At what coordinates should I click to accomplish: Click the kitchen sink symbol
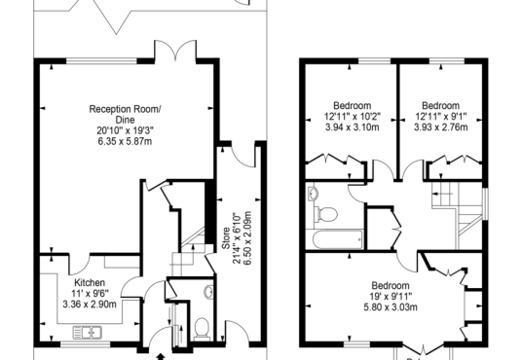click(88, 333)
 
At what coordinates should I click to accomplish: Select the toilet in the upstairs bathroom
click(326, 214)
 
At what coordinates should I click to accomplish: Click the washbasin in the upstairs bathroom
click(313, 194)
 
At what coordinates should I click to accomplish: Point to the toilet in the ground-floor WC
click(202, 329)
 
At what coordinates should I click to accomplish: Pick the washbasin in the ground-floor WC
click(208, 292)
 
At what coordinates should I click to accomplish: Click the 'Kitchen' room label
click(90, 283)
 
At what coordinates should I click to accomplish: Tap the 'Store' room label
click(226, 238)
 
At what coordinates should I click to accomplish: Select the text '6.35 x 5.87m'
click(125, 141)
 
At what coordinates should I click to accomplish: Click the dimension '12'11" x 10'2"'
click(353, 117)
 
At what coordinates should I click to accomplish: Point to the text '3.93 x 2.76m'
click(441, 127)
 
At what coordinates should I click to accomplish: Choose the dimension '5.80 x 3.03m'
click(391, 306)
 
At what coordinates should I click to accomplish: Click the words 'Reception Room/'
click(125, 109)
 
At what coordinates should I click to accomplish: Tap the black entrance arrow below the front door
click(161, 357)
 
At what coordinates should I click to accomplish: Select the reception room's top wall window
click(101, 61)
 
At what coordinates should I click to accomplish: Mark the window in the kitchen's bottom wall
click(86, 344)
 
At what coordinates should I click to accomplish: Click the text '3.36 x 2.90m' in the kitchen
click(90, 305)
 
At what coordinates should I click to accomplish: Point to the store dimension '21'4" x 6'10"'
click(237, 238)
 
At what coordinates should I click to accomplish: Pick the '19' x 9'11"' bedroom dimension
click(391, 296)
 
